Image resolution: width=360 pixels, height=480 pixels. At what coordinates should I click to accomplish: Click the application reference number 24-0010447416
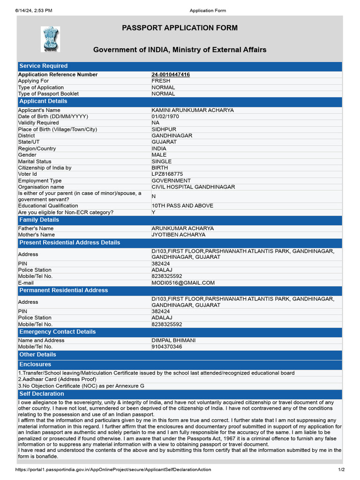171,75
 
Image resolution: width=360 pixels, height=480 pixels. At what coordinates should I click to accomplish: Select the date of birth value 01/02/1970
165,116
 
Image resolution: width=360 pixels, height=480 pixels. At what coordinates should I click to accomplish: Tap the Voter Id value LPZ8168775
167,174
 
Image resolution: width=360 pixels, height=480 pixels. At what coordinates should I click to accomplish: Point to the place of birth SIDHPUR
164,129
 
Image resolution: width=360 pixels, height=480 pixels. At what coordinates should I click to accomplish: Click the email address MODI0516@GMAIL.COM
183,283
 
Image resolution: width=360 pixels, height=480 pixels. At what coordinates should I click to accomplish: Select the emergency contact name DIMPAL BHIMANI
173,340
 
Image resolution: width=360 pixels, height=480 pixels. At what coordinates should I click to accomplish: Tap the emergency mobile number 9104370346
166,347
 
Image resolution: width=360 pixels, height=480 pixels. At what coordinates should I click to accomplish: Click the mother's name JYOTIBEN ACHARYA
178,235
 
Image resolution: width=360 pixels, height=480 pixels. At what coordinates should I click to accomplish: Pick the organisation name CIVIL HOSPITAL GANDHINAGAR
193,187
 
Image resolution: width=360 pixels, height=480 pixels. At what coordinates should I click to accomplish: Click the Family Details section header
39,220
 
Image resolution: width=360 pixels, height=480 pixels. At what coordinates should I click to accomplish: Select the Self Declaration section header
42,394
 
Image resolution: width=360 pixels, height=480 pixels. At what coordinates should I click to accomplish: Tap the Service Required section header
44,66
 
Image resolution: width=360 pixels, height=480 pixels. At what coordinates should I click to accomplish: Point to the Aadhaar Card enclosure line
57,379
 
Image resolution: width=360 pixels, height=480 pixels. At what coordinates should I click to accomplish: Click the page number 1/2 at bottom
341,470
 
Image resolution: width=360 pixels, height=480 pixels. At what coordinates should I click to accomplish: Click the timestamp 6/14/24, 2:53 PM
34,10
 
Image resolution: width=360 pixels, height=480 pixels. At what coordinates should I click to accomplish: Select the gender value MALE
159,155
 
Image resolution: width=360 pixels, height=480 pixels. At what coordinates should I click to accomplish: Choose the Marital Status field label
35,161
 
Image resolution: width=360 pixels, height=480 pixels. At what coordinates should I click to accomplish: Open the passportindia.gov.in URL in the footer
113,470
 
